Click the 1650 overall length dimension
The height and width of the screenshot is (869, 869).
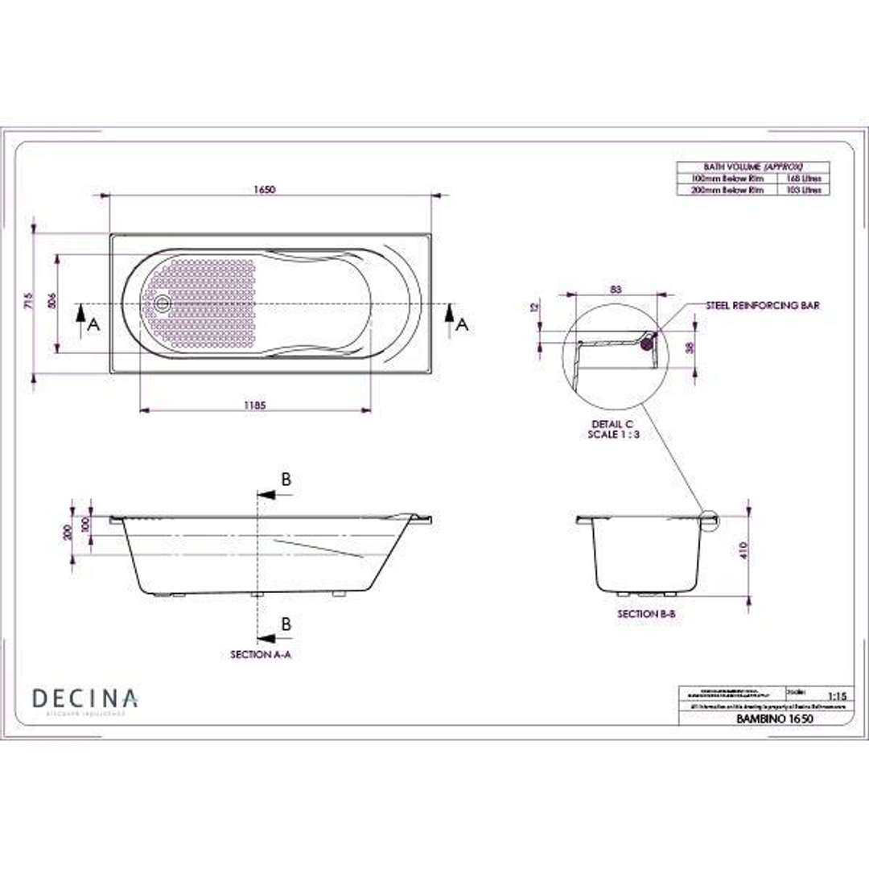click(265, 190)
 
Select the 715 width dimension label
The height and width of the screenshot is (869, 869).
click(30, 301)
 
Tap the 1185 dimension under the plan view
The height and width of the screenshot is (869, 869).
click(255, 405)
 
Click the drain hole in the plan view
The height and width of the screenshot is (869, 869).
click(163, 303)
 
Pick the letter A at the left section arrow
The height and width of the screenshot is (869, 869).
click(93, 324)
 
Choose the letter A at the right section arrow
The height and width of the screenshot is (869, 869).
click(461, 324)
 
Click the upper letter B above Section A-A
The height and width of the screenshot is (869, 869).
click(286, 480)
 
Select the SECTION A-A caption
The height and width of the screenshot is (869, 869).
click(261, 655)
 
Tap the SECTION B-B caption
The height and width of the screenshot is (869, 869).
click(645, 614)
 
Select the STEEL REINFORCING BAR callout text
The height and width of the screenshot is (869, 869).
click(763, 306)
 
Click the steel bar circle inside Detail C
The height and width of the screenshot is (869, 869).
click(646, 344)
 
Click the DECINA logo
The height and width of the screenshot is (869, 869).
click(85, 699)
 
